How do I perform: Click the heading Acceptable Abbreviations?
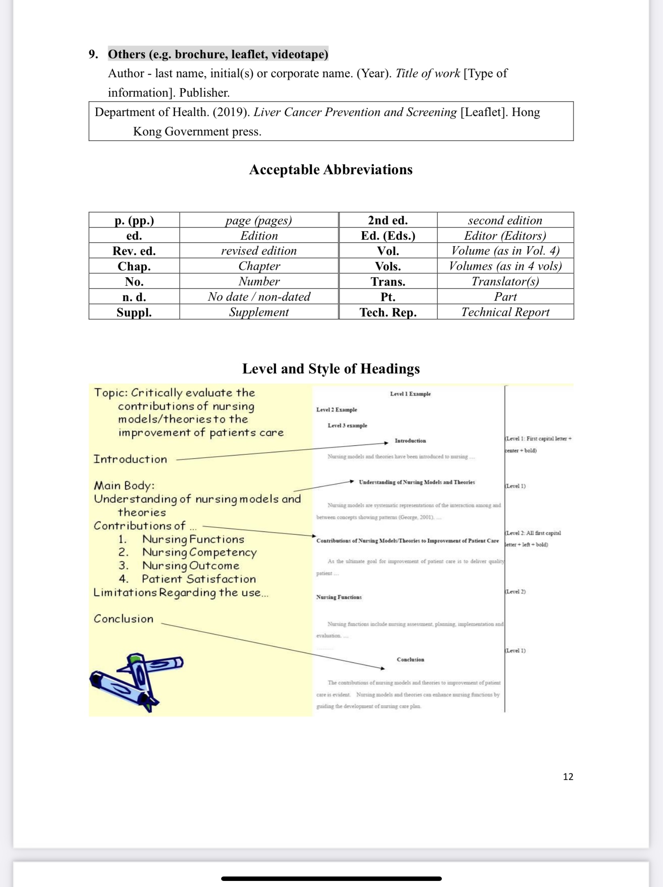click(331, 170)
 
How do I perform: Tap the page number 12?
click(568, 776)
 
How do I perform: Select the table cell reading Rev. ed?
click(134, 251)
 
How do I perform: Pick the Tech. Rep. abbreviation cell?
click(388, 312)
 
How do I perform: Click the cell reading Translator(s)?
click(505, 281)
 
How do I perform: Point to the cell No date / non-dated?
click(259, 297)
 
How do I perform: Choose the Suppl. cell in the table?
click(134, 312)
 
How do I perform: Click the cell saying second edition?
click(505, 220)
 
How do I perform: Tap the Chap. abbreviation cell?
click(134, 266)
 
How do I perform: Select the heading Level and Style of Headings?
click(331, 369)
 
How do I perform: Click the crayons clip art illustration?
click(136, 681)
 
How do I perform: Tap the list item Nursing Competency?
click(199, 552)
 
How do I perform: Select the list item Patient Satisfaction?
click(198, 579)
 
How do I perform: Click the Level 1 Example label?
click(410, 394)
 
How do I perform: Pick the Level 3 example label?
click(347, 426)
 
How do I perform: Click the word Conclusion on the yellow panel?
click(123, 619)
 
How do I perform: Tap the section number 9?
click(93, 54)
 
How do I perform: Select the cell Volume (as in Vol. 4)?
click(505, 251)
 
